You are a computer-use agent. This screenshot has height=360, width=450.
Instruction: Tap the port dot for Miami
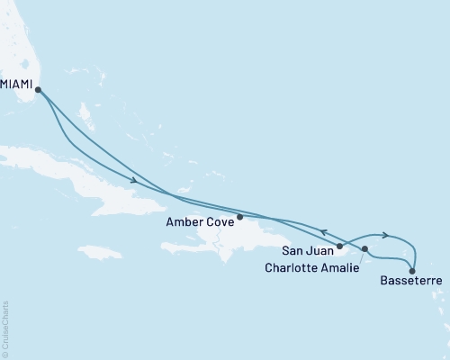click(x=38, y=88)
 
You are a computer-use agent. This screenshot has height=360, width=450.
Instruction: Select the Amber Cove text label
click(x=203, y=219)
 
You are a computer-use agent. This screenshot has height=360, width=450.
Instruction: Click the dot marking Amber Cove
click(x=239, y=217)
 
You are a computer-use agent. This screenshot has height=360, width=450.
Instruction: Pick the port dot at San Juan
click(x=339, y=246)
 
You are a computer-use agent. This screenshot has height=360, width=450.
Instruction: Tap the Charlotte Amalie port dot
click(x=364, y=248)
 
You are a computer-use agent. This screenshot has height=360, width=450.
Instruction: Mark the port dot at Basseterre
click(x=412, y=270)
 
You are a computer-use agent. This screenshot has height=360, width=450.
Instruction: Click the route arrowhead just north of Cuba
click(x=133, y=181)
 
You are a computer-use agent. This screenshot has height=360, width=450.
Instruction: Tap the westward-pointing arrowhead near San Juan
click(x=324, y=231)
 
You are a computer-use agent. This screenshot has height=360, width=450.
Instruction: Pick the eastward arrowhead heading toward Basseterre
click(x=385, y=236)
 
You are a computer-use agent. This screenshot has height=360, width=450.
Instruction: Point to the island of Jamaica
click(x=99, y=251)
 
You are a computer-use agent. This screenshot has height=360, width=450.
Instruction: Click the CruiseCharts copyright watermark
click(x=5, y=328)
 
